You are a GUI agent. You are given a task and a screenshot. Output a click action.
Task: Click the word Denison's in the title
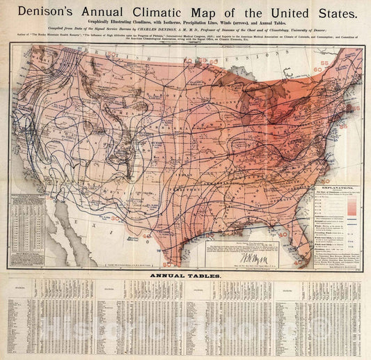(48, 13)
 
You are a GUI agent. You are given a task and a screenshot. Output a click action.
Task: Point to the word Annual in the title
(101, 13)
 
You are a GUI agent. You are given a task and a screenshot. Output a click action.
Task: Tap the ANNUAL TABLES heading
(184, 276)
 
